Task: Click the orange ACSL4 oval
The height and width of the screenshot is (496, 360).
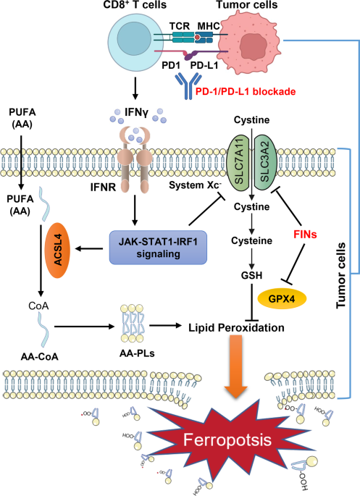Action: (55, 240)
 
